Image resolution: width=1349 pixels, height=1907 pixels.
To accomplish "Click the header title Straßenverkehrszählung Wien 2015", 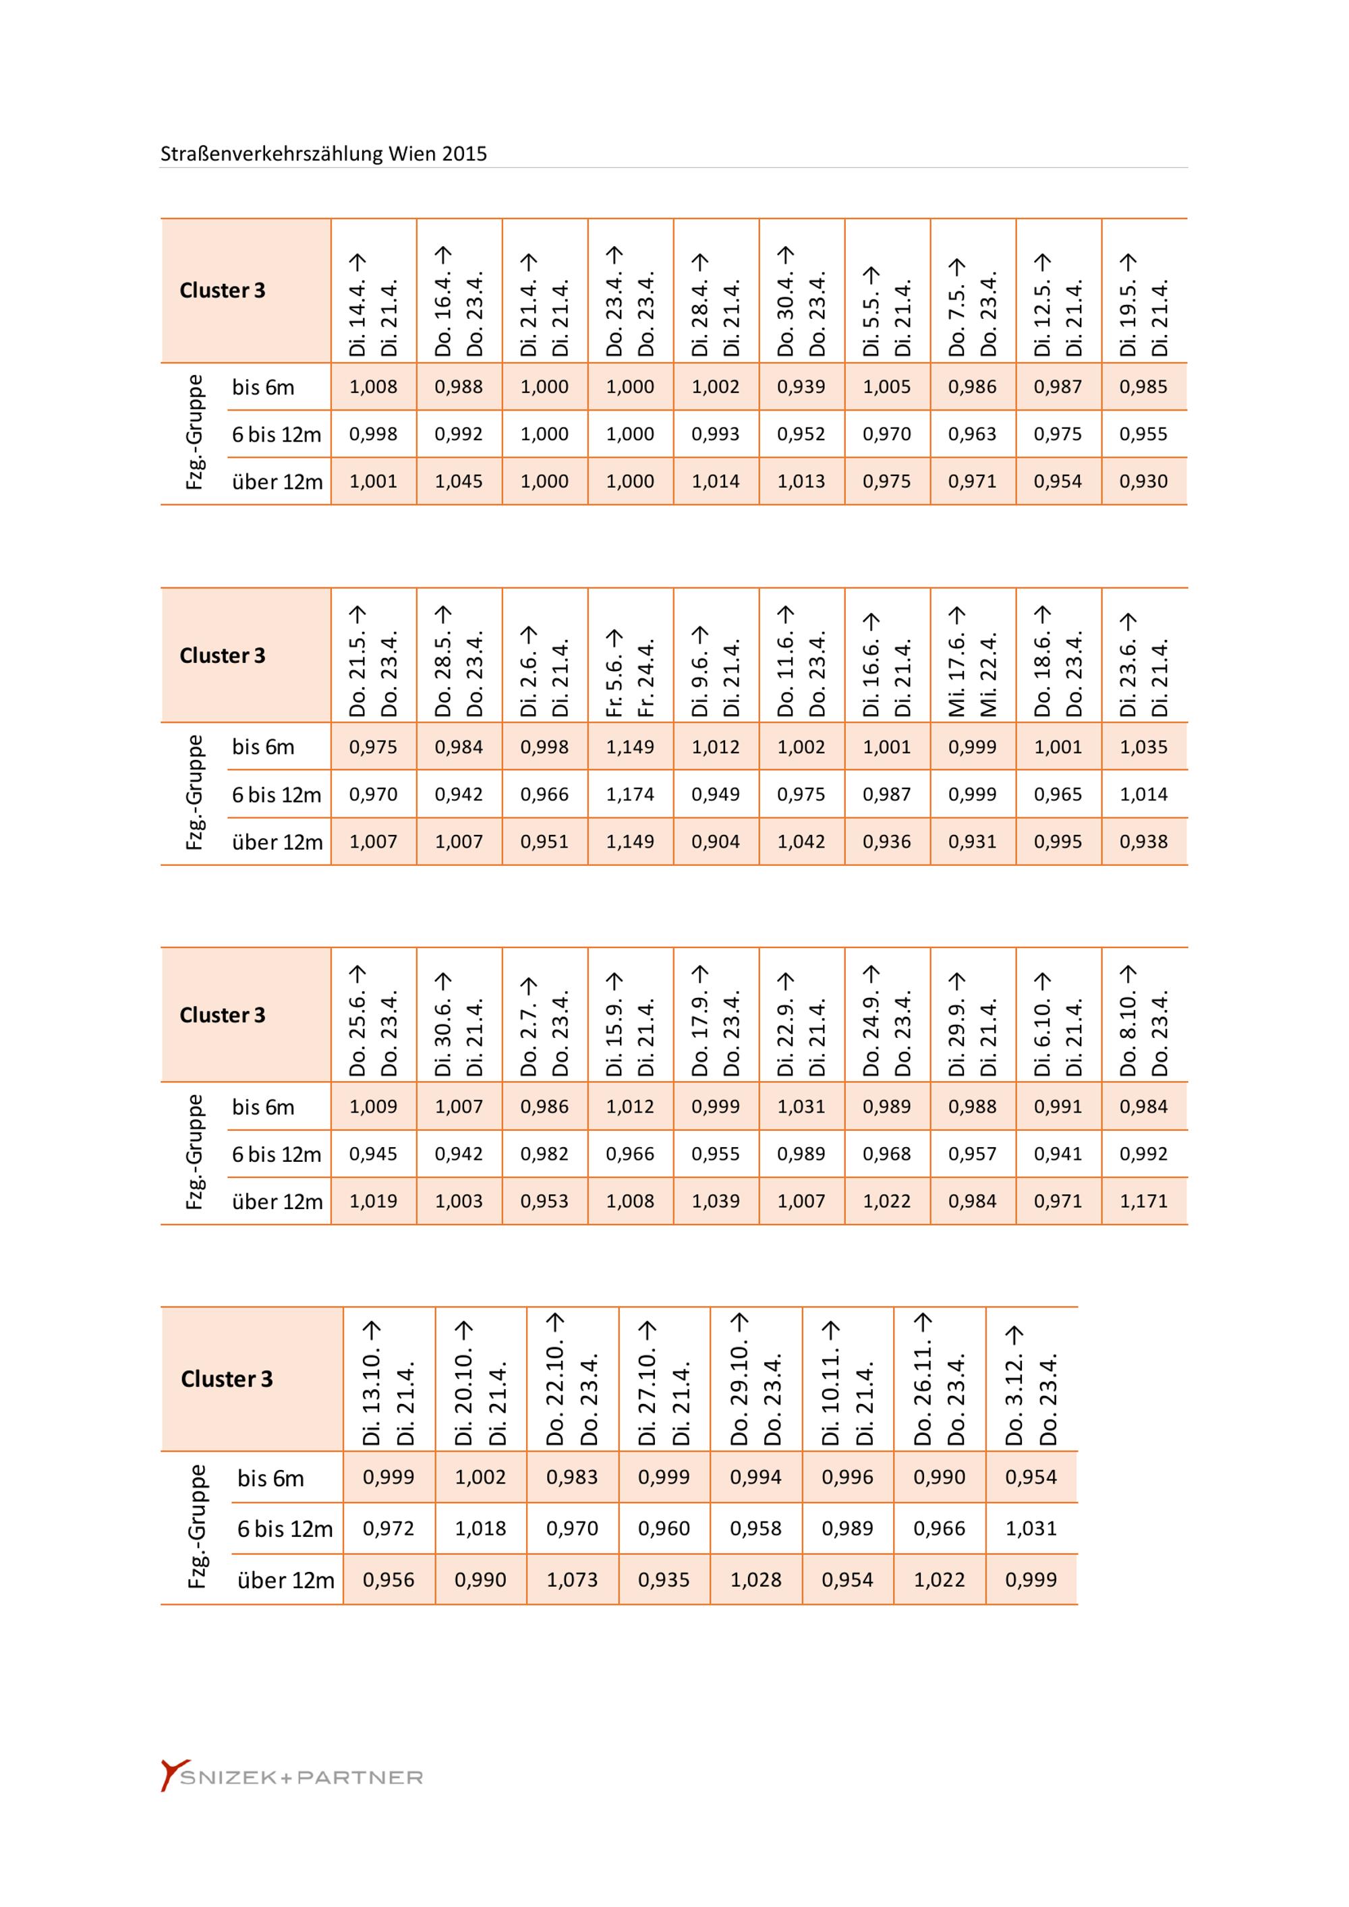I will pos(323,154).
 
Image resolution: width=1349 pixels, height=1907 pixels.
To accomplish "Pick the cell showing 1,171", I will pos(1143,1200).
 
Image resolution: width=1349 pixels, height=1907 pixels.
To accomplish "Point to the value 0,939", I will pos(801,386).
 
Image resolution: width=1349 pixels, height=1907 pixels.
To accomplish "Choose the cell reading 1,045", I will pos(459,481).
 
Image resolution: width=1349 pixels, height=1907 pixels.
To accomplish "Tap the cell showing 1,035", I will pos(1143,746).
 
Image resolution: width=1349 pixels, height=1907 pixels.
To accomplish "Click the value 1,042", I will pos(801,842).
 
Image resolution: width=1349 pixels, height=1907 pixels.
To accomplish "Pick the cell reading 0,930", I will pos(1143,481).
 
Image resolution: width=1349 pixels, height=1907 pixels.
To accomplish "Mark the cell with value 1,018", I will pos(480,1527).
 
